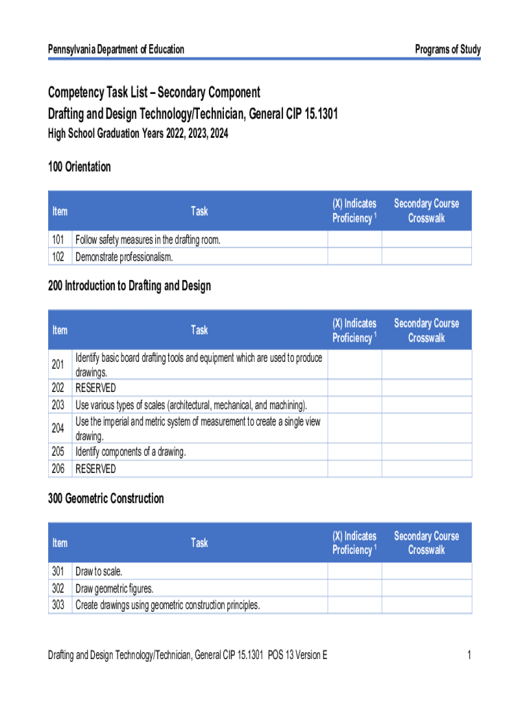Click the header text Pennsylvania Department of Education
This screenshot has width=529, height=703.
pyautogui.click(x=116, y=49)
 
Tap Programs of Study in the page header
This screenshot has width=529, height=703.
pyautogui.click(x=448, y=49)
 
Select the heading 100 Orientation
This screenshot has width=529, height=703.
pyautogui.click(x=79, y=167)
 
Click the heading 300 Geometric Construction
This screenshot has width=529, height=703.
pyautogui.click(x=106, y=498)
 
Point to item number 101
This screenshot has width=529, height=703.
pyautogui.click(x=58, y=240)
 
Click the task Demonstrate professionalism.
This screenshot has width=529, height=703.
pyautogui.click(x=124, y=257)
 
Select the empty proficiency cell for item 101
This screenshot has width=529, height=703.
pyautogui.click(x=354, y=240)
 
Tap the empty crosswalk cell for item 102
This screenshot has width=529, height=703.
pyautogui.click(x=426, y=257)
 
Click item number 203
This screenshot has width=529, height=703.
pyautogui.click(x=58, y=404)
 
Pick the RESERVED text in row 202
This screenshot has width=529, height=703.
pyautogui.click(x=95, y=388)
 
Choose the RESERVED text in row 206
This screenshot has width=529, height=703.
pyautogui.click(x=95, y=469)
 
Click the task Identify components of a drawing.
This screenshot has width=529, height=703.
pyautogui.click(x=131, y=452)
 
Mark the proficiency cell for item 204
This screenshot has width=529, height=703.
pyautogui.click(x=354, y=428)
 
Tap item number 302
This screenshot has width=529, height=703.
pyautogui.click(x=58, y=588)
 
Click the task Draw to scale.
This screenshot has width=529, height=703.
pyautogui.click(x=99, y=572)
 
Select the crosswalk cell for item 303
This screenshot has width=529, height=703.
pyautogui.click(x=426, y=605)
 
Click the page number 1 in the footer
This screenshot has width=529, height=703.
pyautogui.click(x=469, y=656)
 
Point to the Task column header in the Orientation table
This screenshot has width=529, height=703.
pyautogui.click(x=199, y=211)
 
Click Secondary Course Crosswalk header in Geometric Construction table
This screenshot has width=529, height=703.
pyautogui.click(x=426, y=542)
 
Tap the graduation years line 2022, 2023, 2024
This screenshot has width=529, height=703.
pyautogui.click(x=137, y=135)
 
